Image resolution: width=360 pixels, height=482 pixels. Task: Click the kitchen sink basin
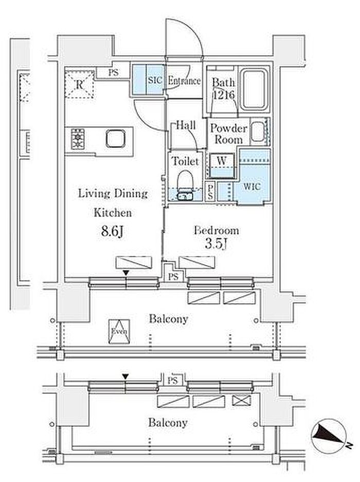(x=116, y=139)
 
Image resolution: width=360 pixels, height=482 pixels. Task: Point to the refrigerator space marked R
(x=79, y=84)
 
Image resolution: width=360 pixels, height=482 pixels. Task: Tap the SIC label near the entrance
(x=154, y=81)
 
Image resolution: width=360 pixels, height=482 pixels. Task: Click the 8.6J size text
(x=113, y=231)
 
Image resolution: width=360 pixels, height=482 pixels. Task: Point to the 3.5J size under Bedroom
(x=216, y=244)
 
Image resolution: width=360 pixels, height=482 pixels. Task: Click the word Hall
(x=186, y=125)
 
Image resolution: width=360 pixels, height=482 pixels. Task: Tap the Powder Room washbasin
(x=258, y=132)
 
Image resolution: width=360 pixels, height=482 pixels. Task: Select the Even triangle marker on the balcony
(x=119, y=331)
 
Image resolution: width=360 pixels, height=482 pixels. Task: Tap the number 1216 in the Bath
(x=224, y=95)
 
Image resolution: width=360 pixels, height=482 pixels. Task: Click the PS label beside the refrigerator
(x=113, y=73)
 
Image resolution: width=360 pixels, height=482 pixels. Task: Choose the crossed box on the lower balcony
(x=242, y=400)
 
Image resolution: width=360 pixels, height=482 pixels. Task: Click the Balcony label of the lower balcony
(x=168, y=423)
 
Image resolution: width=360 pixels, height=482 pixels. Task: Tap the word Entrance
(x=184, y=81)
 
